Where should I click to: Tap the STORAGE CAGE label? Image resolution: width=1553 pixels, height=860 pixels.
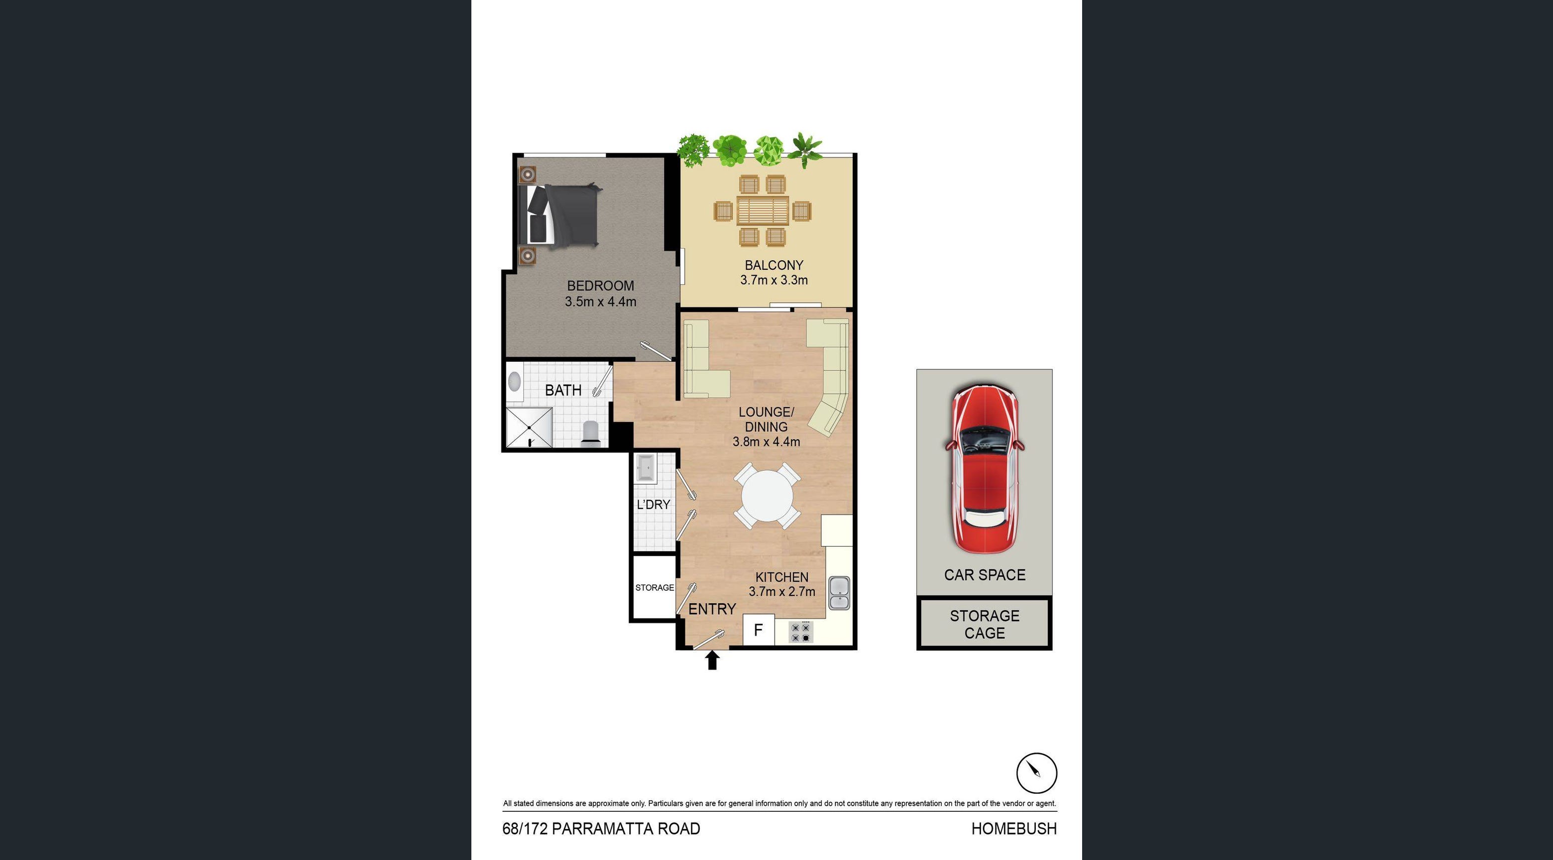(985, 625)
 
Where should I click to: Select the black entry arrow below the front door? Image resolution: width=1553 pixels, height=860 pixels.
(712, 660)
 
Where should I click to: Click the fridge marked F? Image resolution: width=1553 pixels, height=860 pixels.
(759, 630)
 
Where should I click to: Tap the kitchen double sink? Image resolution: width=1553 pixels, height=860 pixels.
(839, 593)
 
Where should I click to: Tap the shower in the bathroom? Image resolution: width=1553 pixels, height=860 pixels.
(529, 428)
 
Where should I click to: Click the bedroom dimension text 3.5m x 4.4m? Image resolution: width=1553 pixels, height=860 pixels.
(600, 302)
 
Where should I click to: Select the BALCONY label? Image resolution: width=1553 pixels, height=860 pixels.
(774, 265)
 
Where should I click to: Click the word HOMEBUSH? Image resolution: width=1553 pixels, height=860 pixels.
(1013, 829)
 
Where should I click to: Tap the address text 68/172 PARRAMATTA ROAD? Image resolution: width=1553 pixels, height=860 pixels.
(601, 829)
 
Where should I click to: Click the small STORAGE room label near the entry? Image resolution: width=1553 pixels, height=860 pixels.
(654, 588)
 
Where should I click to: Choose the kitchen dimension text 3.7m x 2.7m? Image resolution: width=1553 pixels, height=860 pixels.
(781, 592)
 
